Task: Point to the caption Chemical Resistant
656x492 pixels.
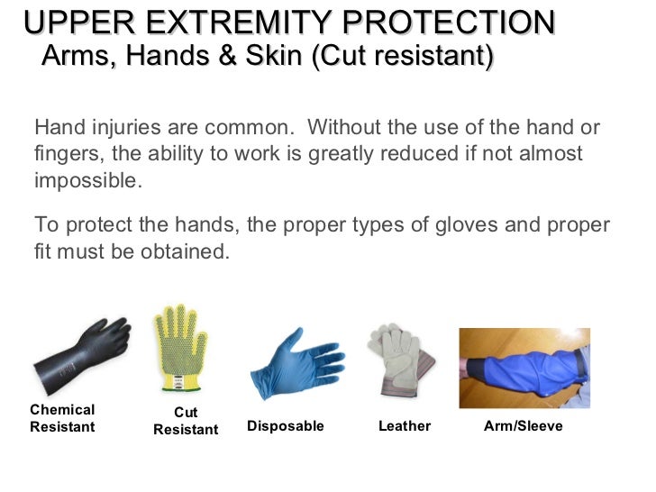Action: coord(62,418)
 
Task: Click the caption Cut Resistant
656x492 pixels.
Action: coord(186,422)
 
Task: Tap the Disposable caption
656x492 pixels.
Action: coord(286,426)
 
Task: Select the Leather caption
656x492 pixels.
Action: coord(405,426)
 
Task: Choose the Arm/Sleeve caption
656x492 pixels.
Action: coord(524,426)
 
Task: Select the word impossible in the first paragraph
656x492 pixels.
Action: coord(87,178)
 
